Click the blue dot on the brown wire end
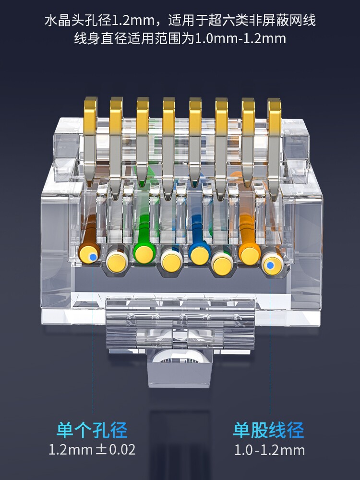point(93,257)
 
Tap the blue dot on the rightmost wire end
point(270,265)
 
